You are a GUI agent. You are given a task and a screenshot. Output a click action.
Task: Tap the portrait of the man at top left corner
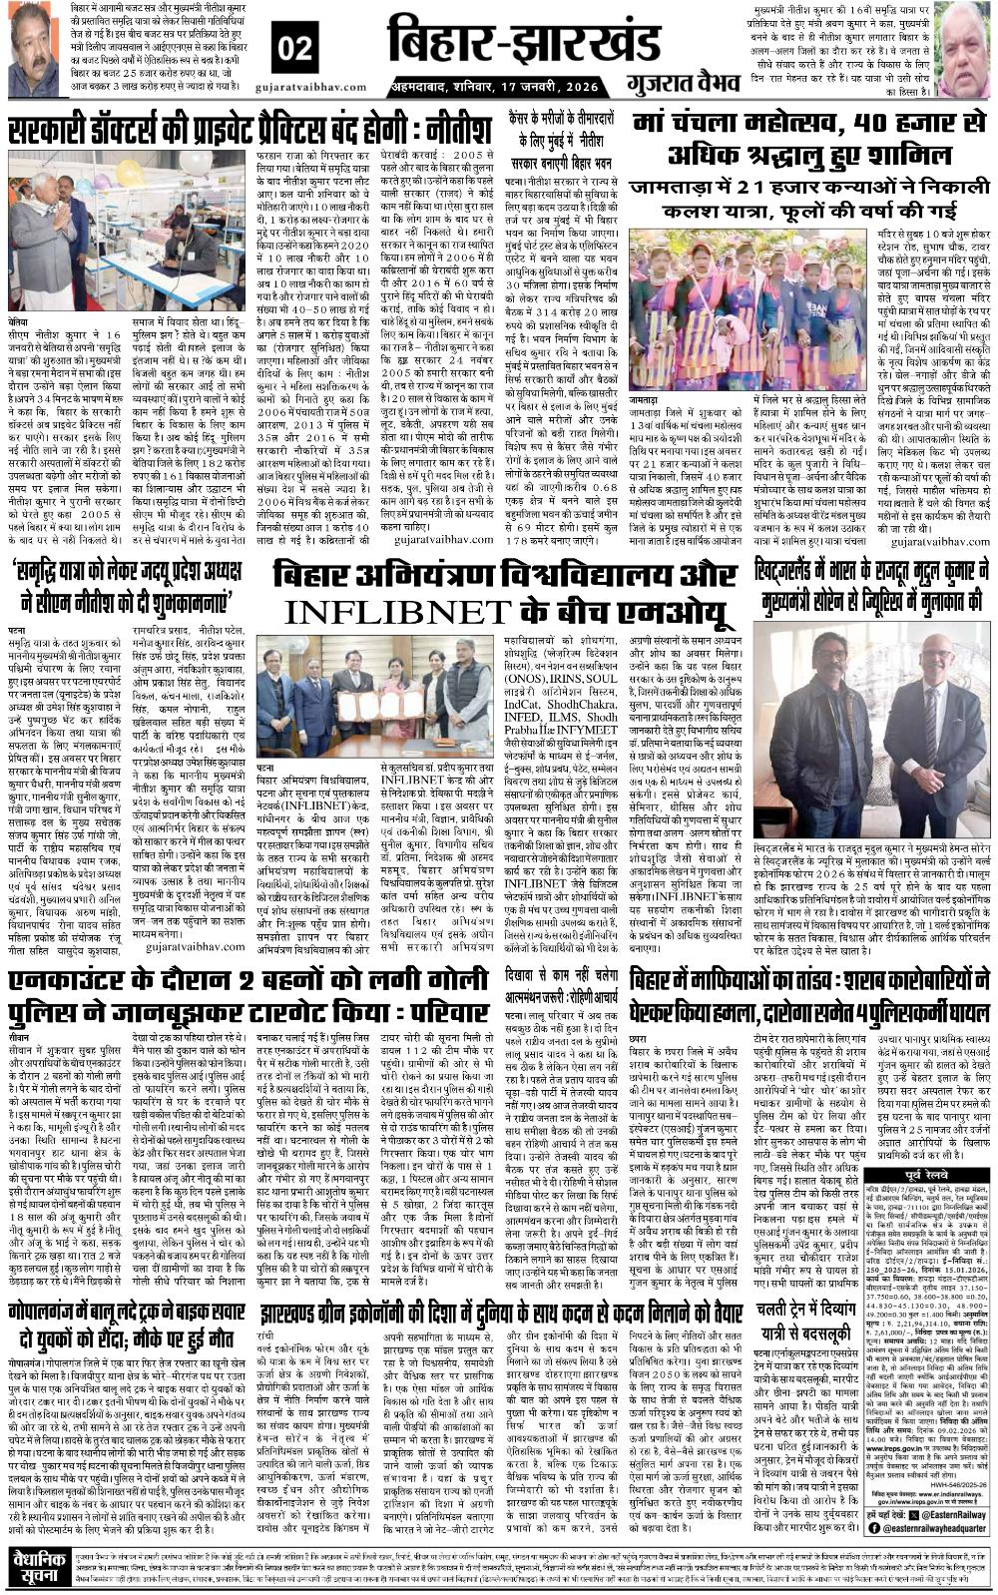pyautogui.click(x=32, y=50)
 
